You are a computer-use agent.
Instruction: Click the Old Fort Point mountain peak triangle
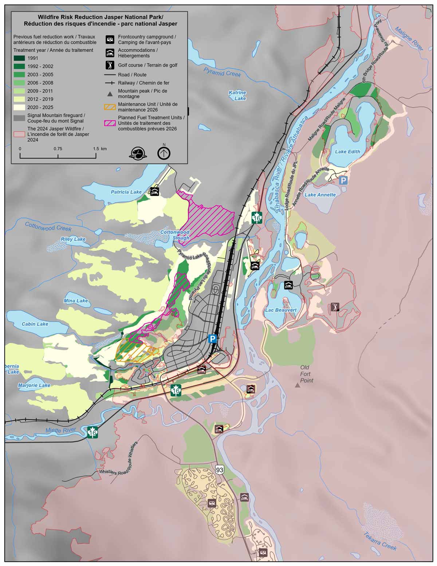(x=298, y=385)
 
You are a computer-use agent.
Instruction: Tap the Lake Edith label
(x=347, y=152)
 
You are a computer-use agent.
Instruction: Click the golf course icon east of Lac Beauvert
(x=335, y=307)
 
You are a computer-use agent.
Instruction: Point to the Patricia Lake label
(x=126, y=192)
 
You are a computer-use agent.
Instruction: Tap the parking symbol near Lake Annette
(x=343, y=180)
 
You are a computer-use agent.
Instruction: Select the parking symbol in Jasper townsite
(x=212, y=339)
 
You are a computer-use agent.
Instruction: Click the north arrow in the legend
(x=164, y=153)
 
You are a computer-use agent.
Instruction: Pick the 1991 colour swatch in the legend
(x=20, y=58)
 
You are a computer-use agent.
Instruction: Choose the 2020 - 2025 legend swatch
(x=20, y=107)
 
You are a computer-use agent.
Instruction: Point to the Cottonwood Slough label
(x=175, y=235)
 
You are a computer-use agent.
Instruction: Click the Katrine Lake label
(x=237, y=95)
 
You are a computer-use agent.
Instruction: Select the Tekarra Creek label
(x=380, y=541)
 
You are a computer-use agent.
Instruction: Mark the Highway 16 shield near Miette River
(x=93, y=433)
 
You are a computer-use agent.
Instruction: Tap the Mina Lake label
(x=76, y=301)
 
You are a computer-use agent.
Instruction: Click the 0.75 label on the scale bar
(x=58, y=149)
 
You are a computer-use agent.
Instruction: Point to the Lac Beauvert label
(x=281, y=310)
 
